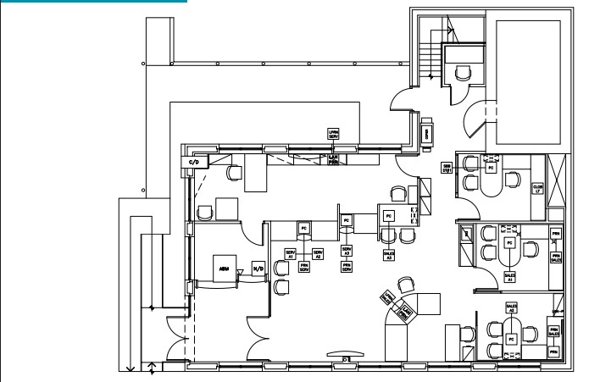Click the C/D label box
tap(193, 161)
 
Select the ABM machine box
tap(225, 268)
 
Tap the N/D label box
tap(258, 269)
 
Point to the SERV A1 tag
tap(290, 253)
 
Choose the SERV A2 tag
tap(318, 253)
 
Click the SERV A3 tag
tap(347, 252)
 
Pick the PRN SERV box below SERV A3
tap(347, 267)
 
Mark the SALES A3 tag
tap(389, 253)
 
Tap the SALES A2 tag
tap(511, 307)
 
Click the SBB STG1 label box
tap(447, 168)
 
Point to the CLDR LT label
tap(537, 189)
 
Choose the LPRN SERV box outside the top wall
tap(335, 133)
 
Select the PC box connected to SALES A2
tap(510, 339)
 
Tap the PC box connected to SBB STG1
tap(490, 168)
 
